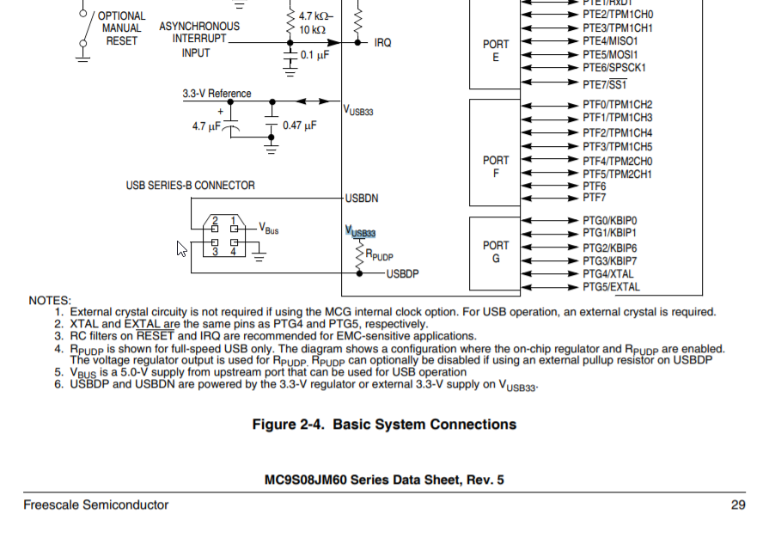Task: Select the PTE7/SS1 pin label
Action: point(604,84)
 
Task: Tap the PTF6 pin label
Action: point(594,186)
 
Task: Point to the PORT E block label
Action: point(496,51)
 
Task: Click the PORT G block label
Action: point(496,252)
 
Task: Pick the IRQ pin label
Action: point(382,42)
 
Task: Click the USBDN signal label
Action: point(362,199)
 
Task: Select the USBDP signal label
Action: point(402,274)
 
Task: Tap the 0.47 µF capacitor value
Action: point(299,125)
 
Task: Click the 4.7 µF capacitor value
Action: point(206,126)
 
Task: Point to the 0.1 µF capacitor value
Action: point(314,54)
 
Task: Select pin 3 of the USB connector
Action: point(215,251)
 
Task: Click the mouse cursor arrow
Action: point(181,248)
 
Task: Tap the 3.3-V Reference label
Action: point(217,94)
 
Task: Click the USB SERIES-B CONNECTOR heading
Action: point(190,185)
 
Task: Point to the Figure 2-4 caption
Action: point(383,425)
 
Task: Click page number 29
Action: point(737,504)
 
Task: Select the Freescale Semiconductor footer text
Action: point(95,504)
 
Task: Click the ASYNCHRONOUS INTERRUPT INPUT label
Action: point(198,40)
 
